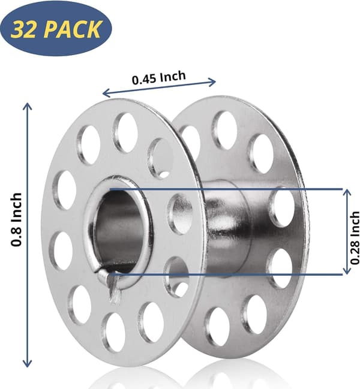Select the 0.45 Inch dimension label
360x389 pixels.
click(x=159, y=78)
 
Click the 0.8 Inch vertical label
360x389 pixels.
click(x=17, y=219)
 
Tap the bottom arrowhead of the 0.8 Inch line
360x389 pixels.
click(x=28, y=364)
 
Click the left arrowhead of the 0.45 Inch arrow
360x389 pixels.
click(x=105, y=93)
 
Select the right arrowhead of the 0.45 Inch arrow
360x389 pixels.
click(x=212, y=81)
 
